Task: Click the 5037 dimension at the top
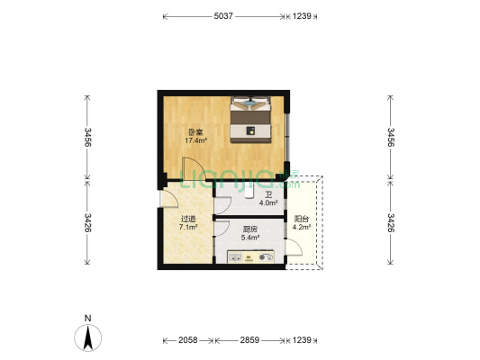(x=223, y=16)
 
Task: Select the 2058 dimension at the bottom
(x=187, y=340)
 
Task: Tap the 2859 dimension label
(x=249, y=340)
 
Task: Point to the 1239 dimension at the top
(x=302, y=16)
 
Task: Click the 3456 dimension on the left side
(x=87, y=137)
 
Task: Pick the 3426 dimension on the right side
(x=391, y=222)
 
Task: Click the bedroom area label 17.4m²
(x=196, y=140)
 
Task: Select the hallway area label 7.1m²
(x=188, y=227)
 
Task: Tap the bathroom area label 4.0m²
(x=268, y=202)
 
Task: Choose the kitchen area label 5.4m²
(x=250, y=238)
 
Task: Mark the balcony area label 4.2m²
(x=302, y=227)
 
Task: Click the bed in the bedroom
(x=250, y=120)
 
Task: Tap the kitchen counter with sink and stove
(x=250, y=256)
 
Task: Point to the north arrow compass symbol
(x=88, y=337)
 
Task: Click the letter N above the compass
(x=88, y=318)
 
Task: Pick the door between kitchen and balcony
(x=294, y=247)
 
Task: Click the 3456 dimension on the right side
(x=391, y=137)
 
